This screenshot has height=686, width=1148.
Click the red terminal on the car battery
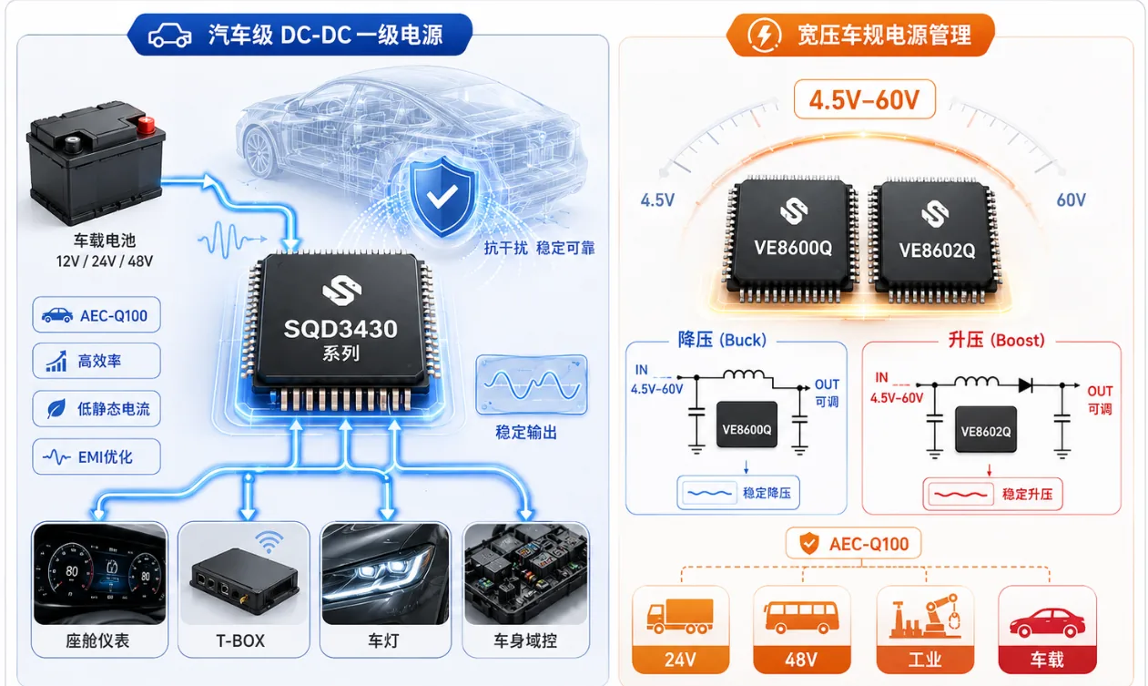146,125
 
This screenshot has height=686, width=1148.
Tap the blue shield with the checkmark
442,197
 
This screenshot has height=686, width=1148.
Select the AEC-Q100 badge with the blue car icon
97,315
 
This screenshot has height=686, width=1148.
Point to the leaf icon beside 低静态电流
56,409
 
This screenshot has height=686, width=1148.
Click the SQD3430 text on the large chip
340,329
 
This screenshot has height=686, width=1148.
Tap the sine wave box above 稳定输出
532,384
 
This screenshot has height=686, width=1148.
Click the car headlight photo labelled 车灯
385,574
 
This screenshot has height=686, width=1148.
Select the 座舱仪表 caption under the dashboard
98,640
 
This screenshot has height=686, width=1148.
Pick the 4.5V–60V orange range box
865,99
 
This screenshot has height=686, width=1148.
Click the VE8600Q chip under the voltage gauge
792,240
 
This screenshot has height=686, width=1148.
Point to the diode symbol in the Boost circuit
1025,385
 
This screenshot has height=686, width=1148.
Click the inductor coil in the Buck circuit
744,374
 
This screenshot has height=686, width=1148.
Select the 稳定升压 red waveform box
992,495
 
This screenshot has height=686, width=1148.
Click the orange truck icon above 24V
679,616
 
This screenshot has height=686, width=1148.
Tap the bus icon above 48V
801,617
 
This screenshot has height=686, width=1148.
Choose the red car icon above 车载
1047,622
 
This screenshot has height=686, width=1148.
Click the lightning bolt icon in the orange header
764,35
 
